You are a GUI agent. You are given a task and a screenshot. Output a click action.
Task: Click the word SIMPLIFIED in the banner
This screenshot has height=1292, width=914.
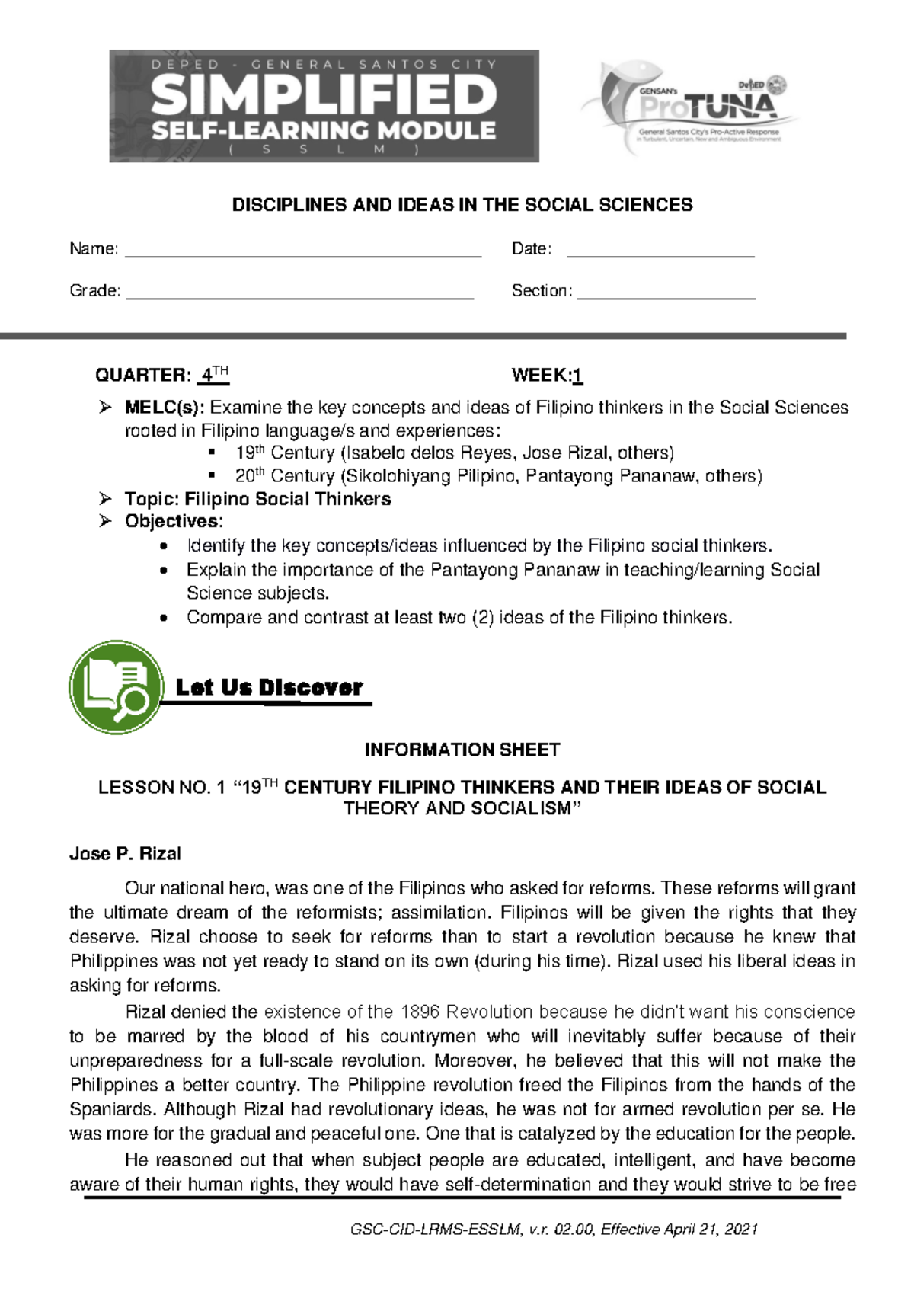[324, 97]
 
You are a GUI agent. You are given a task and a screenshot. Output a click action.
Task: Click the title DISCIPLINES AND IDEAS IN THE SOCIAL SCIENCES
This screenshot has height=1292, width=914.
[462, 205]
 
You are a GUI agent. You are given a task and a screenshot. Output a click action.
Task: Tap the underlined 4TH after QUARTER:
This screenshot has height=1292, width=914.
[213, 375]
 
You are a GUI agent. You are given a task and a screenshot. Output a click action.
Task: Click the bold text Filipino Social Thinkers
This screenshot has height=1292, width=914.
[288, 499]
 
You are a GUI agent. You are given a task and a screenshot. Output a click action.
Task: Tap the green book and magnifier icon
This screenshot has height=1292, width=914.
[116, 687]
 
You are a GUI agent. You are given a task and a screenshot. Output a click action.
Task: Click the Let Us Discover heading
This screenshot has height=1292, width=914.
[269, 687]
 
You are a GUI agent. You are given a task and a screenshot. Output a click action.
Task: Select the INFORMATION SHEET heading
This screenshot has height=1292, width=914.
[462, 750]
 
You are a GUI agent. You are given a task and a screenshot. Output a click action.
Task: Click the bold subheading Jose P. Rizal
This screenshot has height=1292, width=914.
[125, 854]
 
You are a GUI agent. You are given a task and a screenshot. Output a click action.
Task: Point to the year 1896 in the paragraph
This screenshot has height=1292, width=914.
[420, 1012]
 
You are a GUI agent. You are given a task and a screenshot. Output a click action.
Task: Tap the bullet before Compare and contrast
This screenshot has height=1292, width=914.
[164, 618]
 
